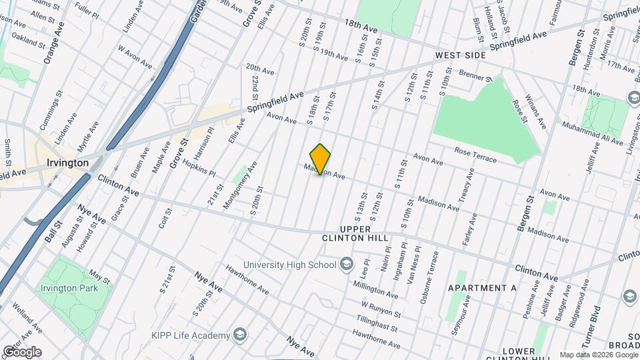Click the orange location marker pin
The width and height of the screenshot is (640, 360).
321,159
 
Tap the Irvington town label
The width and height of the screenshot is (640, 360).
68,163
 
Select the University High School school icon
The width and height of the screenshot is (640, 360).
347,265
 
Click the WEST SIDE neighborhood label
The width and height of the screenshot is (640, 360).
460,55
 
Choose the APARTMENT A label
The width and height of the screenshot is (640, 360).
483,288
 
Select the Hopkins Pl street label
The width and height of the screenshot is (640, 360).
199,167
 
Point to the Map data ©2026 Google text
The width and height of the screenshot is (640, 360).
598,355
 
